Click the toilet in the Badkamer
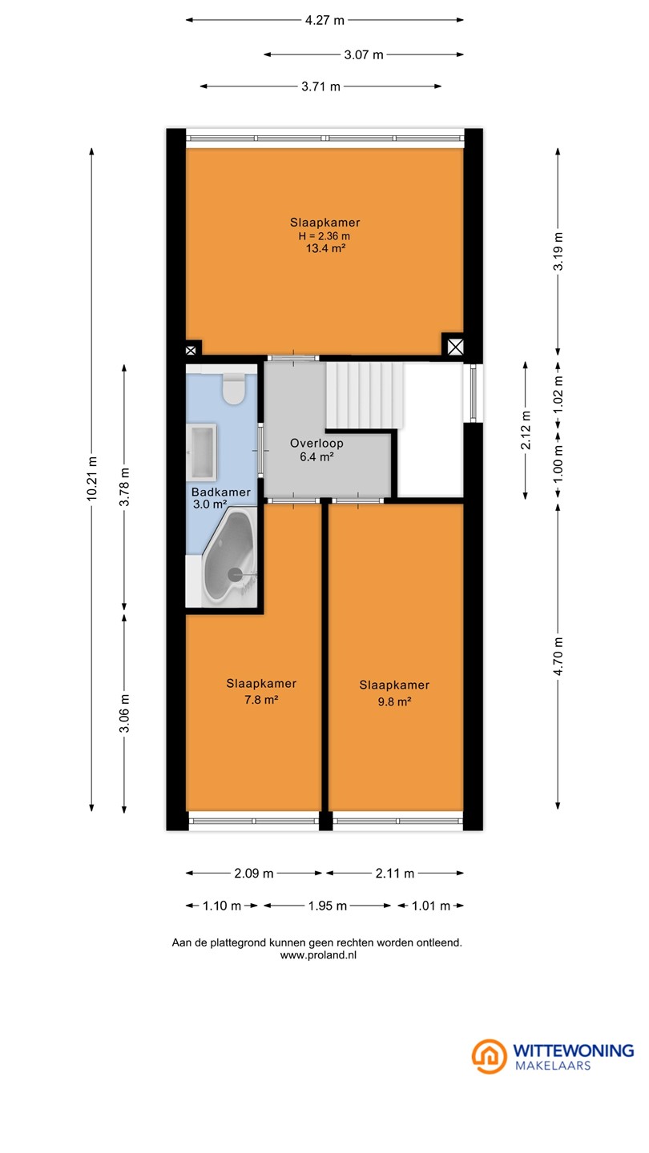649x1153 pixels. point(233,388)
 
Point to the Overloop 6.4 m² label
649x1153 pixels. point(316,450)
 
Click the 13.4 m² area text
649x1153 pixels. point(325,248)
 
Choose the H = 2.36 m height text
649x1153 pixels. point(324,236)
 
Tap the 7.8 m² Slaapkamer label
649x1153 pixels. point(261,691)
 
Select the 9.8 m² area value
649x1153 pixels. point(394,701)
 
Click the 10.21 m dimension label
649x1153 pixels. point(91,479)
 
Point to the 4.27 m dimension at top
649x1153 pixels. point(324,21)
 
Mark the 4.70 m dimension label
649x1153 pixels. point(558,657)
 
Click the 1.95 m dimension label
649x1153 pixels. point(328,906)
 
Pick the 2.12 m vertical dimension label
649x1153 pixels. point(526,430)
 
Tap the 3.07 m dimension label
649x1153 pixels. point(364,54)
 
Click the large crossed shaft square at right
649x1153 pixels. point(455,347)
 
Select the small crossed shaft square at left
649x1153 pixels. point(191,351)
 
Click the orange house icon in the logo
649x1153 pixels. point(490,1056)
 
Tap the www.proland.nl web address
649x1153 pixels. point(318,955)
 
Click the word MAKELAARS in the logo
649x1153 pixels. point(553,1065)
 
